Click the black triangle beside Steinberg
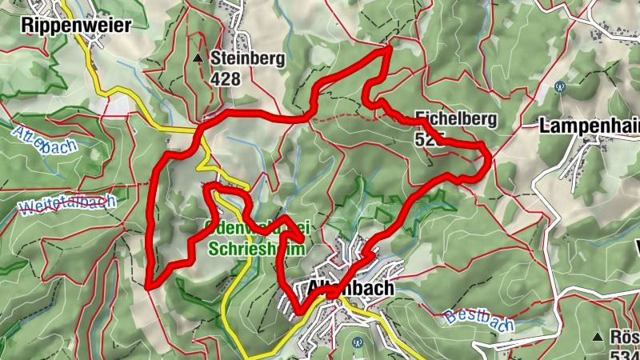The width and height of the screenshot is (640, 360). [x=198, y=58]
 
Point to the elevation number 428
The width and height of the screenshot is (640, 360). [x=226, y=78]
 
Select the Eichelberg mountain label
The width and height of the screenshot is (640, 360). [x=456, y=119]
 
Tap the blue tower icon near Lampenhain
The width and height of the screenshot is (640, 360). [x=561, y=86]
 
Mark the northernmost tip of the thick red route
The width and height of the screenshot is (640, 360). [x=389, y=49]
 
